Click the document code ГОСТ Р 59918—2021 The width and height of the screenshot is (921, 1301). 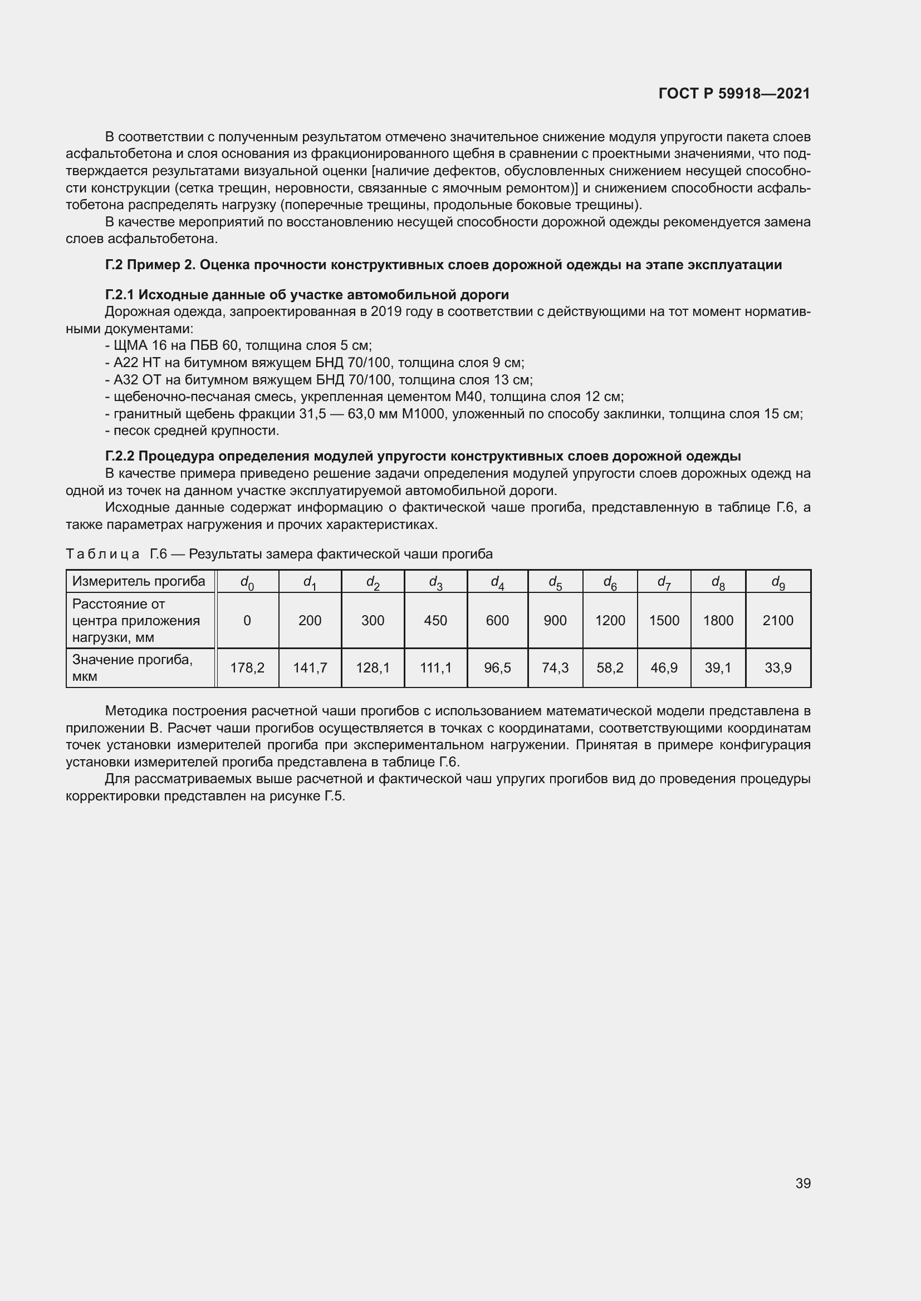coord(734,93)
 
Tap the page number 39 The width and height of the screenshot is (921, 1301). coord(802,1183)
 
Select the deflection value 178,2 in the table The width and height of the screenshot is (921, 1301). coord(247,667)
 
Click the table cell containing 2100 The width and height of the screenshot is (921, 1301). coord(777,621)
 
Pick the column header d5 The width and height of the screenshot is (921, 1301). coord(555,582)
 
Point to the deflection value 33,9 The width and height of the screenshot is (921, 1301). coord(777,667)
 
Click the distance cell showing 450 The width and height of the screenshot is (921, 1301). coord(435,621)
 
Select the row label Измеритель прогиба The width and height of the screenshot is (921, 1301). coord(139,581)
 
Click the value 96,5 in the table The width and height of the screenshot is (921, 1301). coord(497,667)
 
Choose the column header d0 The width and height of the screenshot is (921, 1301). coord(247,582)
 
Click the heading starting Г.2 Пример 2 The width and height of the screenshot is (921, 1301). coord(443,265)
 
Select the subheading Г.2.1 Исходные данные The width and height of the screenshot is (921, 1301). coord(307,295)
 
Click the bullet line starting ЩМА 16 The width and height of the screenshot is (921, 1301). coord(238,345)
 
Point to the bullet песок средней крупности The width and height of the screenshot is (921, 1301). coord(193,431)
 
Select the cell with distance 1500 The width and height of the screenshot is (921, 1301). coord(664,621)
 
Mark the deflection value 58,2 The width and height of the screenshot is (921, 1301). coord(610,667)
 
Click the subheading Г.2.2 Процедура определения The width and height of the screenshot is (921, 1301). coord(423,456)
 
